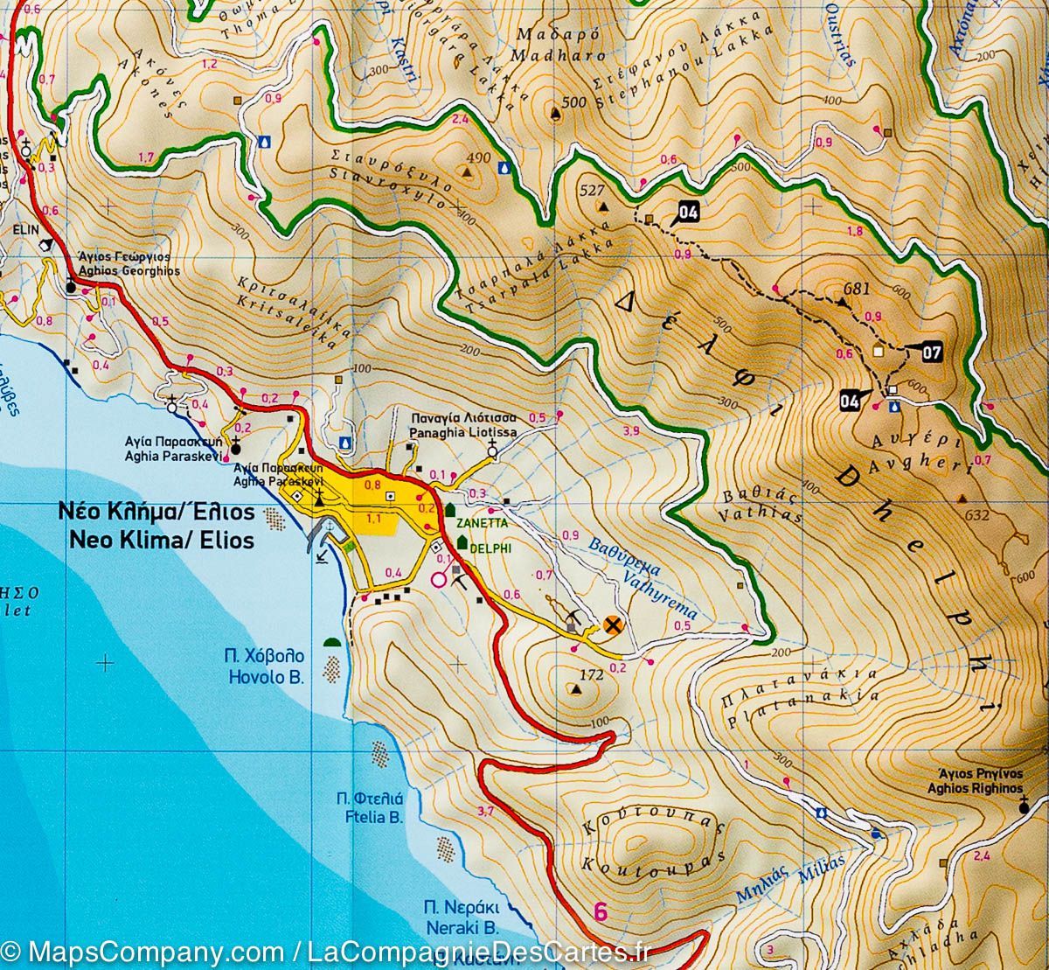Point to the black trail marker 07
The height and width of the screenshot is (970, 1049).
tap(931, 353)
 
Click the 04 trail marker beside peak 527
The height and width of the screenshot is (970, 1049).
tap(687, 211)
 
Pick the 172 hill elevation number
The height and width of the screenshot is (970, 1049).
tap(592, 675)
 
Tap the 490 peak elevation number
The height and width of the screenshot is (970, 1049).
tap(479, 158)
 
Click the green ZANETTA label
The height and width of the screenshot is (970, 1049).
tap(480, 522)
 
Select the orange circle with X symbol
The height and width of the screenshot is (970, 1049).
tap(614, 625)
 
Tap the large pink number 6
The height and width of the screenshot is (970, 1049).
tap(601, 911)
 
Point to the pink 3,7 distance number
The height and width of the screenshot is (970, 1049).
tap(486, 811)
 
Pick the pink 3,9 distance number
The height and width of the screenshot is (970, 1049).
tap(631, 431)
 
